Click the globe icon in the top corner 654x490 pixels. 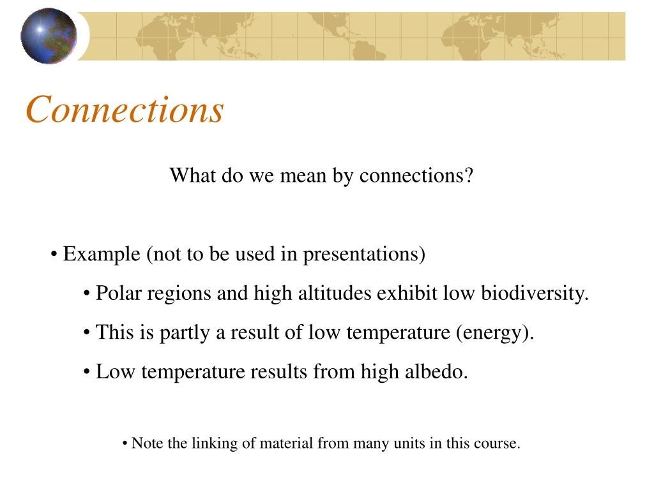[x=49, y=36]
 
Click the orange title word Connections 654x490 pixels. [x=125, y=109]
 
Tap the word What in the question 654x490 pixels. [x=192, y=175]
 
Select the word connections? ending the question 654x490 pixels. [x=416, y=175]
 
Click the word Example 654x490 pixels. [x=102, y=254]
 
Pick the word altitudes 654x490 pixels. [x=335, y=293]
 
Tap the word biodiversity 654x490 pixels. [x=535, y=293]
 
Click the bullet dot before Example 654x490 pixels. [x=54, y=255]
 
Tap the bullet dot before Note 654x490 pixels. [x=125, y=444]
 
